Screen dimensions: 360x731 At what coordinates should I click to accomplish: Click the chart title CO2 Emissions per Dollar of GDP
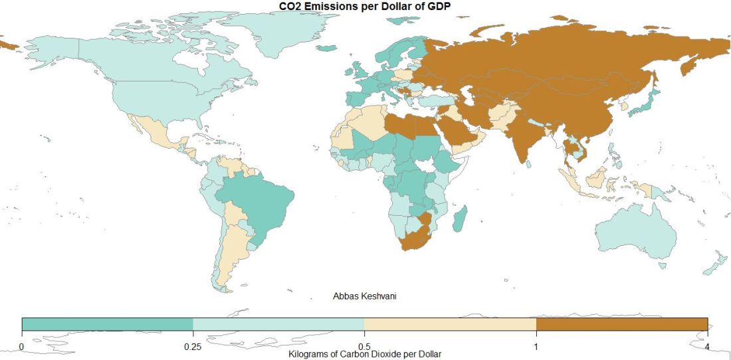click(365, 6)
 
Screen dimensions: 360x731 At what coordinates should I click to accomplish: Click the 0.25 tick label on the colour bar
click(193, 345)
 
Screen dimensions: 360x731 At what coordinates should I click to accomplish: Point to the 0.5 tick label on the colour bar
click(364, 345)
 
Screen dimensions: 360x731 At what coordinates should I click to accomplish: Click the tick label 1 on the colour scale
click(536, 345)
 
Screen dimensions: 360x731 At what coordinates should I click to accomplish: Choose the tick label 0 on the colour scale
click(22, 345)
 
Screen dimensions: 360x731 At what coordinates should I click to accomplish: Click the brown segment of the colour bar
click(621, 324)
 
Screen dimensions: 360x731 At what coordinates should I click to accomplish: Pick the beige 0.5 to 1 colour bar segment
click(450, 324)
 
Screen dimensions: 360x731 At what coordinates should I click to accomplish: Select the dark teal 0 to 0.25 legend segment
click(107, 324)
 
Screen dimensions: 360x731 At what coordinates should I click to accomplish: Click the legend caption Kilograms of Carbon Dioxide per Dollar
click(365, 355)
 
